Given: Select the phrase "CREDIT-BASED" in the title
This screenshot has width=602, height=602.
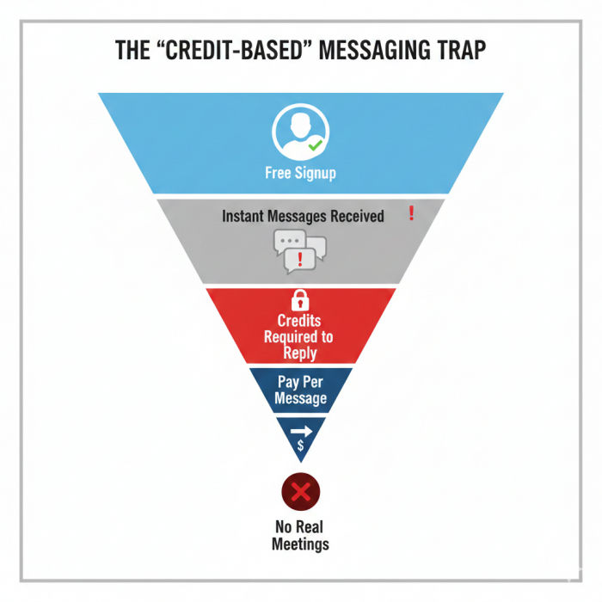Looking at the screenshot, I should click(x=226, y=51).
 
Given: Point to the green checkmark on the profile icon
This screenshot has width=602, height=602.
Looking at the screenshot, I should click(x=316, y=146).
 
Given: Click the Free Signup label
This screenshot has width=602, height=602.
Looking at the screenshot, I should click(x=300, y=173).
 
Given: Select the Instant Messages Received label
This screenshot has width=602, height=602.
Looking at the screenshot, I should click(x=303, y=216).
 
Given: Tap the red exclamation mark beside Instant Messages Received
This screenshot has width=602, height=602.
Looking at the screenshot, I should click(x=412, y=213).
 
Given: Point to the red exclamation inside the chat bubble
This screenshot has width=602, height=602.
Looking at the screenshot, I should click(x=300, y=258).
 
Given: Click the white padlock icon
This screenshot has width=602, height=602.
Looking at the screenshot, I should click(x=300, y=299).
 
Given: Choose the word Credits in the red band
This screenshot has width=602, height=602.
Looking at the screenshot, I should click(x=299, y=321).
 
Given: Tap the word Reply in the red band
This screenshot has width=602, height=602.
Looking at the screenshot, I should click(x=300, y=353).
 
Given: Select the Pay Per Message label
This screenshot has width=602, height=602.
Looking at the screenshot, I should click(x=301, y=390).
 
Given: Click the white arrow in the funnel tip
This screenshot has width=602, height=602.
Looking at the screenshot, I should click(x=301, y=427).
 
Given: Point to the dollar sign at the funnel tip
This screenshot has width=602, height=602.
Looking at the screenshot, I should click(x=300, y=445).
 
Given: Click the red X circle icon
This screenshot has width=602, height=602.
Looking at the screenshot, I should click(x=300, y=493).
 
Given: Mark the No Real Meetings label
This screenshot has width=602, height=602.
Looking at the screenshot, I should click(x=300, y=535).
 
